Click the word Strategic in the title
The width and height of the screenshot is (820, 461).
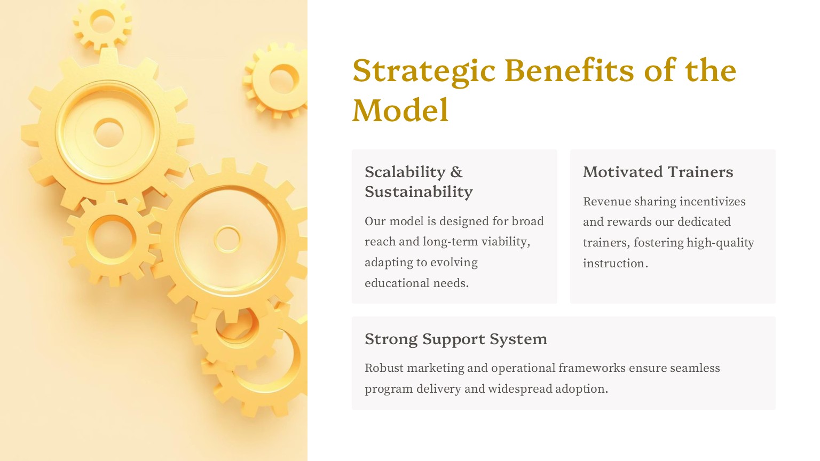tap(424, 71)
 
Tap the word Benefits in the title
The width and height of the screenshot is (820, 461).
tap(569, 70)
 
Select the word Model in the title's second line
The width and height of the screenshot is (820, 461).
tap(400, 110)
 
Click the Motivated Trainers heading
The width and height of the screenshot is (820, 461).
tap(658, 172)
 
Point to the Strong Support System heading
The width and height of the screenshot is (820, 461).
tap(456, 339)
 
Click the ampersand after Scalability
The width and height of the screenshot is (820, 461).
tap(456, 172)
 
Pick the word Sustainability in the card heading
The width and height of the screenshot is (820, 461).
tap(419, 192)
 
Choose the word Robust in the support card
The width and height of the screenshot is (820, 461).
tap(384, 368)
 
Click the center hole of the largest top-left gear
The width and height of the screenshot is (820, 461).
tap(108, 132)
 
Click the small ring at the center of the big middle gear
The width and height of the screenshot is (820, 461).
tap(227, 239)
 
